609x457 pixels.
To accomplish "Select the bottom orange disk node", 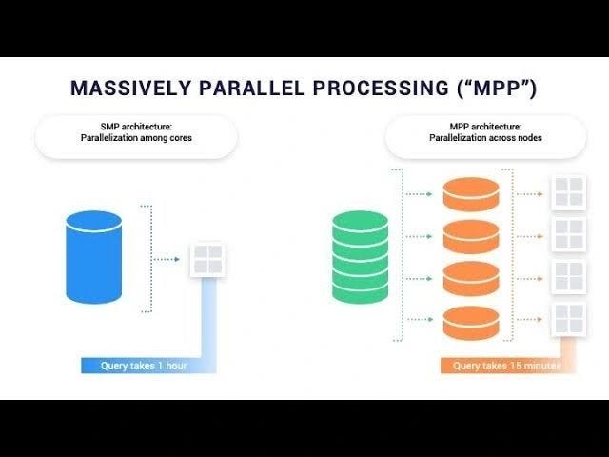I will (471, 322).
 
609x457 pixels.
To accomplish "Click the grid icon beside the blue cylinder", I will (207, 258).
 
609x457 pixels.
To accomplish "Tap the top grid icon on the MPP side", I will (569, 191).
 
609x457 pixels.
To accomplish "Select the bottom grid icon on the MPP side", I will (569, 319).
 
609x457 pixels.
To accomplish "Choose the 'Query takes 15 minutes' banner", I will (504, 366).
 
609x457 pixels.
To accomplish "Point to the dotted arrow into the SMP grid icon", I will (169, 258).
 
